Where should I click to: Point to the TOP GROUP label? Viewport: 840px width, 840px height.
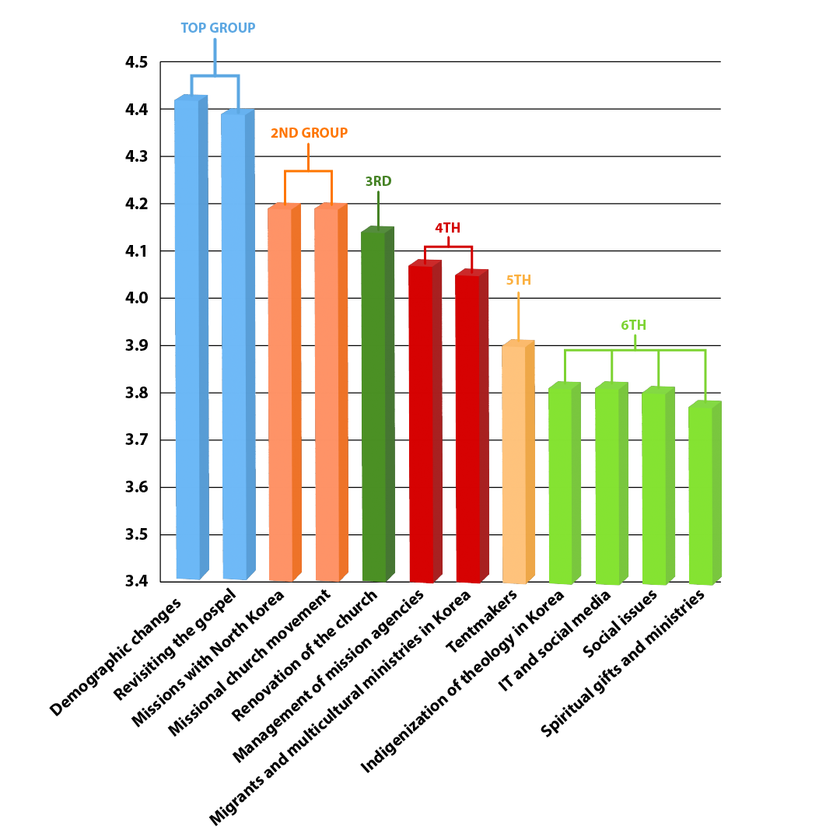(218, 28)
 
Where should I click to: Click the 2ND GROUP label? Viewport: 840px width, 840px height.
(309, 133)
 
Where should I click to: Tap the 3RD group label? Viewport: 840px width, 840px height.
(378, 181)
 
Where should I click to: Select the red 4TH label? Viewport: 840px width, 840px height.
(447, 228)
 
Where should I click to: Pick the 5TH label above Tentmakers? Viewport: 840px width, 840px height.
(519, 280)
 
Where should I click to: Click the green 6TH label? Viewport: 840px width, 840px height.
(633, 325)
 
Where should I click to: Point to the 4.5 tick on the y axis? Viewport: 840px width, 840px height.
(136, 62)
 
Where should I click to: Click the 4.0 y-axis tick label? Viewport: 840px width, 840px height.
(136, 299)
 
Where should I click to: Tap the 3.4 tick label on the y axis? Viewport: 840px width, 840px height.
(136, 582)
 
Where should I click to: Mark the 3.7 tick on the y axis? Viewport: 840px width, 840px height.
(136, 440)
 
